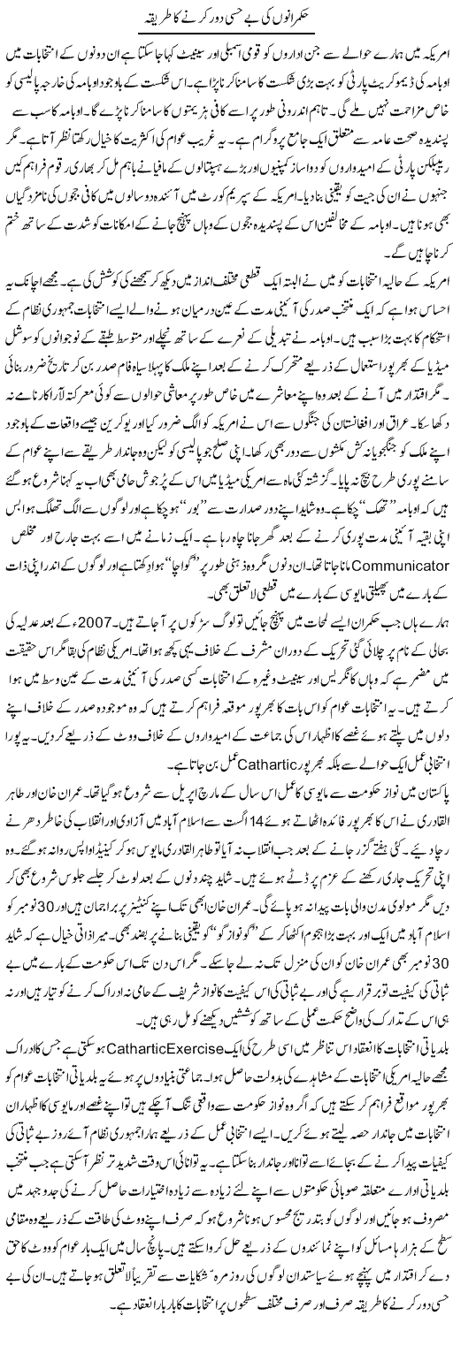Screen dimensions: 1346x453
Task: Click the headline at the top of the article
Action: (226, 17)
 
